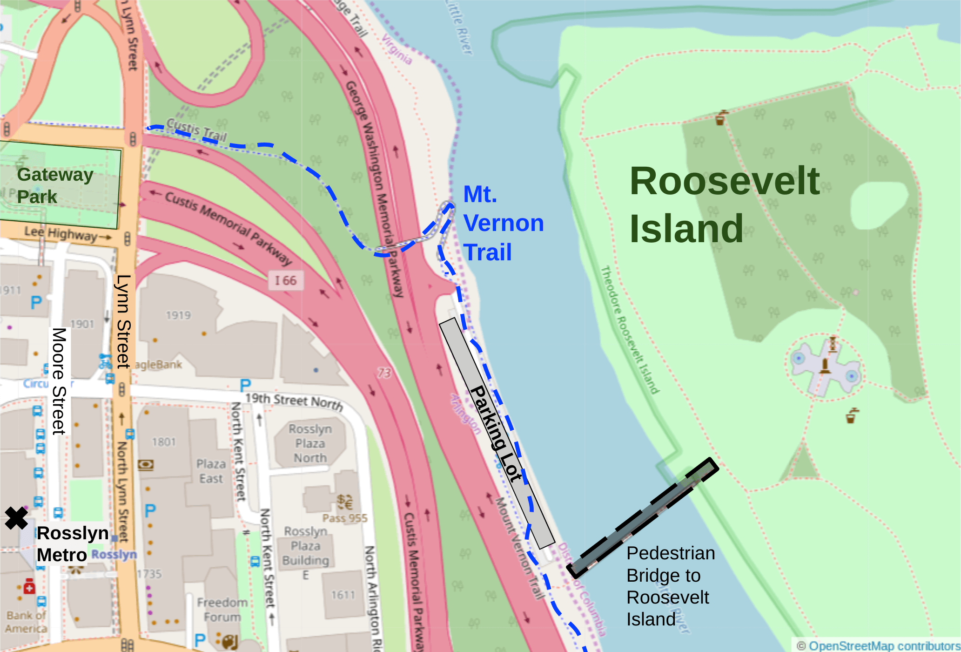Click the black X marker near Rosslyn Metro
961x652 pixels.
(x=16, y=518)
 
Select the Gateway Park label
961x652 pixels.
(x=55, y=185)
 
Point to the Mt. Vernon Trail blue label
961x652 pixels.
(x=503, y=223)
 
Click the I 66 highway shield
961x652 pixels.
(x=285, y=280)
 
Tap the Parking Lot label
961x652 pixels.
(x=496, y=433)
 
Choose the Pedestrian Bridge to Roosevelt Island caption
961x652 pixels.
(x=670, y=586)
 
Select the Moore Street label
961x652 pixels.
(x=59, y=381)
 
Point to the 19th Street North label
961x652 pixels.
(x=294, y=401)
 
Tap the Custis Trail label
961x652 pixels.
(x=196, y=129)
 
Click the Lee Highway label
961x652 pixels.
(x=60, y=233)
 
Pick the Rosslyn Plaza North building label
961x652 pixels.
(x=310, y=443)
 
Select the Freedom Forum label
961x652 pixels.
(x=222, y=610)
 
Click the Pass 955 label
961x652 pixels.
(x=345, y=518)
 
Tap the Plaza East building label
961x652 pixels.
(x=211, y=471)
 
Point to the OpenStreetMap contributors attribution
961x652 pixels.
(x=878, y=645)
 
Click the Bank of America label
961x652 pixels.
(x=26, y=622)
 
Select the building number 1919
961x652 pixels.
(x=178, y=315)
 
